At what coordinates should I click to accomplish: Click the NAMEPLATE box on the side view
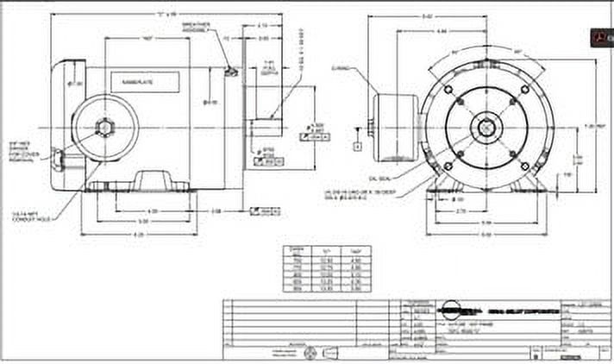point(145,83)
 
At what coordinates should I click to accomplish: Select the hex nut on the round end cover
point(103,128)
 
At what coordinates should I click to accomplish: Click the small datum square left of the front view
point(356,147)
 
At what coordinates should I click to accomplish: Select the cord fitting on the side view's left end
point(57,159)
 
